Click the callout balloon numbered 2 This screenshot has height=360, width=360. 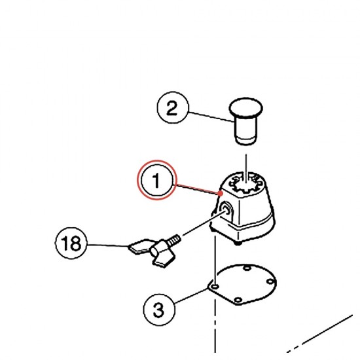173,107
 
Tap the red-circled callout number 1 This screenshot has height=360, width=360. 157,180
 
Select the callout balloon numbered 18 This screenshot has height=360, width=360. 71,243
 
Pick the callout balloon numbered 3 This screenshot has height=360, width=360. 159,310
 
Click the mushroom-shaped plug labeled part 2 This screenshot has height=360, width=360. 246,121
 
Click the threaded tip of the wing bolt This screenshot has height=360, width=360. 175,239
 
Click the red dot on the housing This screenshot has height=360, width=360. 221,193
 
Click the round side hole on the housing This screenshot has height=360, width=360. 226,209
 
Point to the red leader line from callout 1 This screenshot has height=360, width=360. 198,189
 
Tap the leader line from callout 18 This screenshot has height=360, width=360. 108,245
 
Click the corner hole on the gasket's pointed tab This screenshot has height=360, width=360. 215,286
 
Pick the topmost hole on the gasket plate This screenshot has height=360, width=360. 247,268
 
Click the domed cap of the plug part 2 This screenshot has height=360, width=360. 246,107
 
